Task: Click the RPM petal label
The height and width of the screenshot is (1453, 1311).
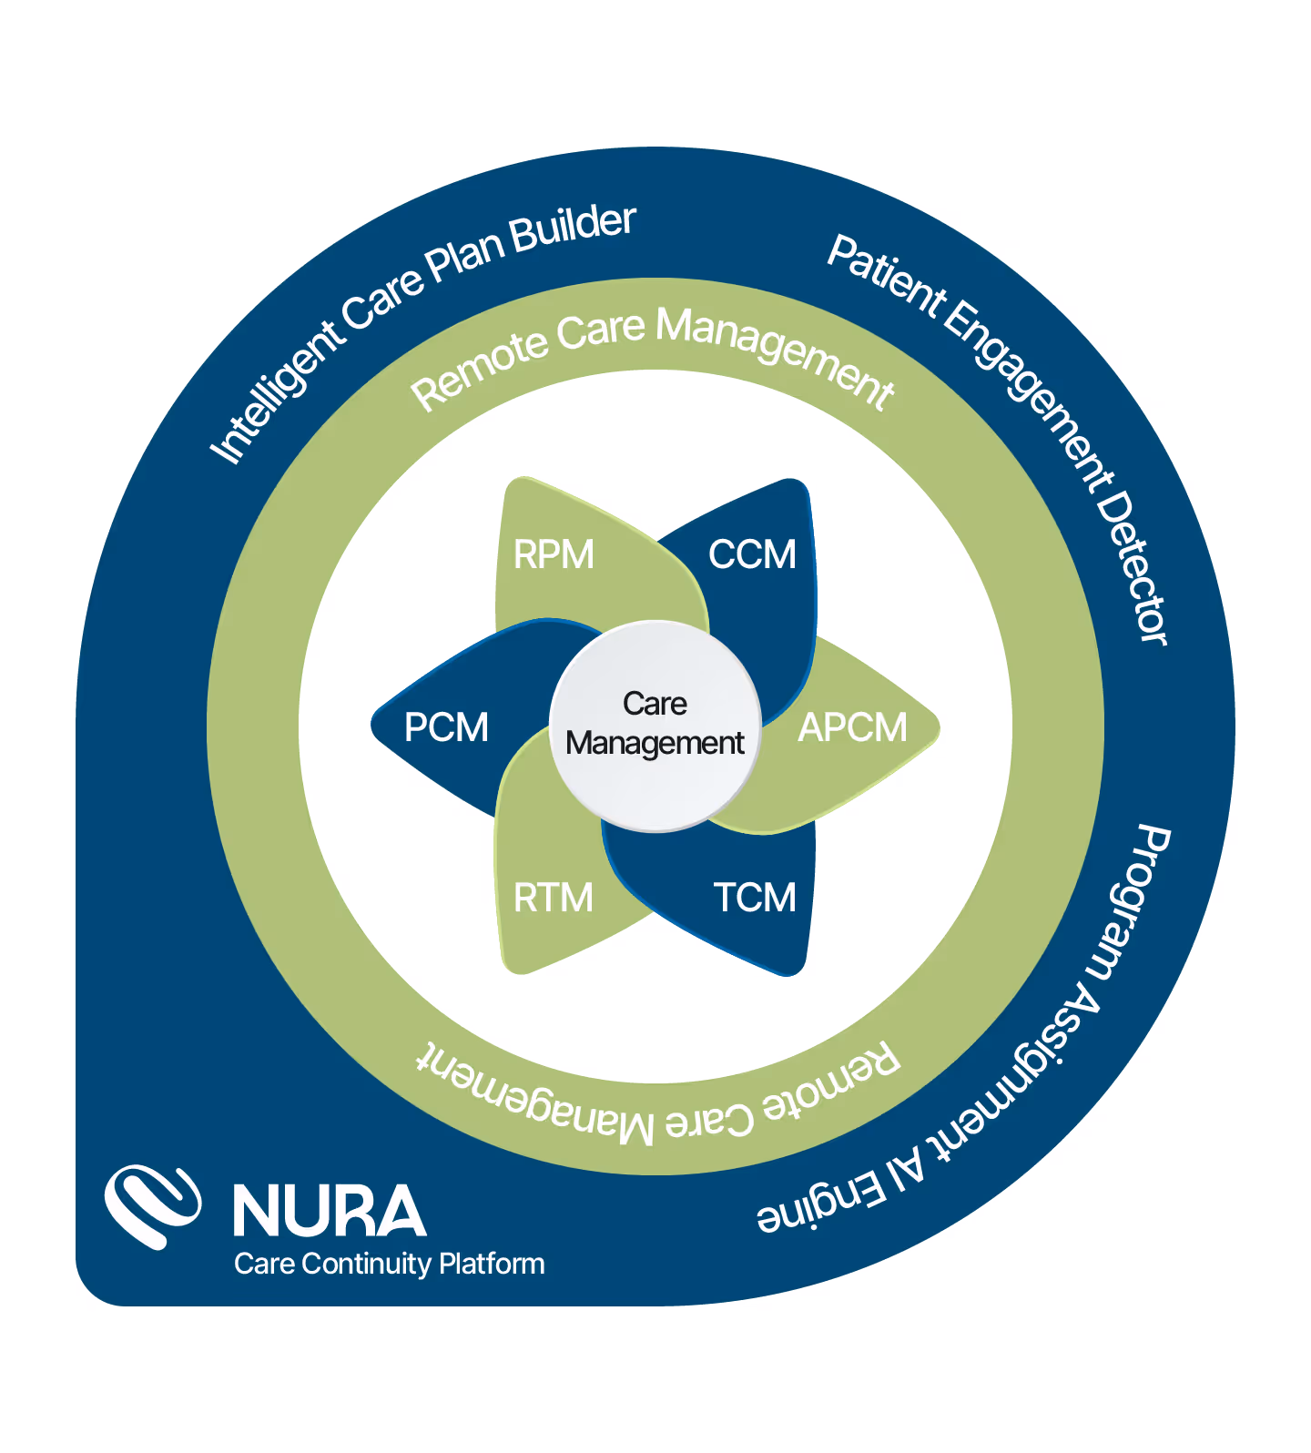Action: [554, 554]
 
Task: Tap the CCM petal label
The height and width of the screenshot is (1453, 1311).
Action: [752, 554]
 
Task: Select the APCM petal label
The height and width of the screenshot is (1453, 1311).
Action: [852, 727]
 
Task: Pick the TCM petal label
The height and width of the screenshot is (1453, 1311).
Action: [754, 898]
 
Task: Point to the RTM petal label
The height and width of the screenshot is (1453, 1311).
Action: [553, 898]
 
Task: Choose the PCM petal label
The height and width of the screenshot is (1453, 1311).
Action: [446, 727]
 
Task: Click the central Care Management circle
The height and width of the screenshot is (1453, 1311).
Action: [655, 726]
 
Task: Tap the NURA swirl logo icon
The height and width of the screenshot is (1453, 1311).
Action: [152, 1206]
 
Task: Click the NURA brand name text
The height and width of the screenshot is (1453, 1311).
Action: [330, 1211]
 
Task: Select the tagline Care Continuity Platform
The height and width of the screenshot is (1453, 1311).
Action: [389, 1264]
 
